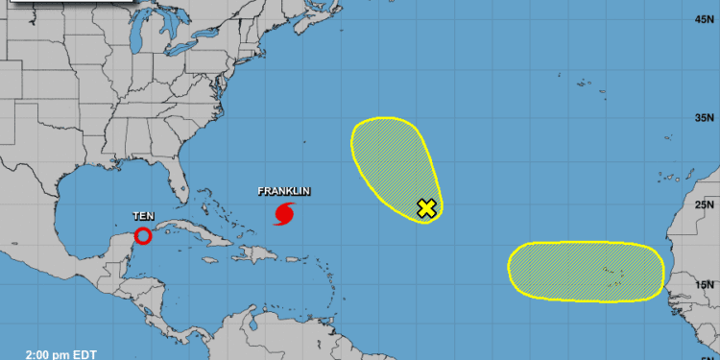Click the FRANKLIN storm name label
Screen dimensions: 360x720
click(x=279, y=191)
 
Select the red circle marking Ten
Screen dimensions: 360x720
click(x=142, y=236)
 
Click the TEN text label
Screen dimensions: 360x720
click(x=142, y=217)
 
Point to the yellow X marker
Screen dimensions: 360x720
click(x=426, y=208)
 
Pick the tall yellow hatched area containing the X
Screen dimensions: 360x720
click(x=394, y=163)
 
